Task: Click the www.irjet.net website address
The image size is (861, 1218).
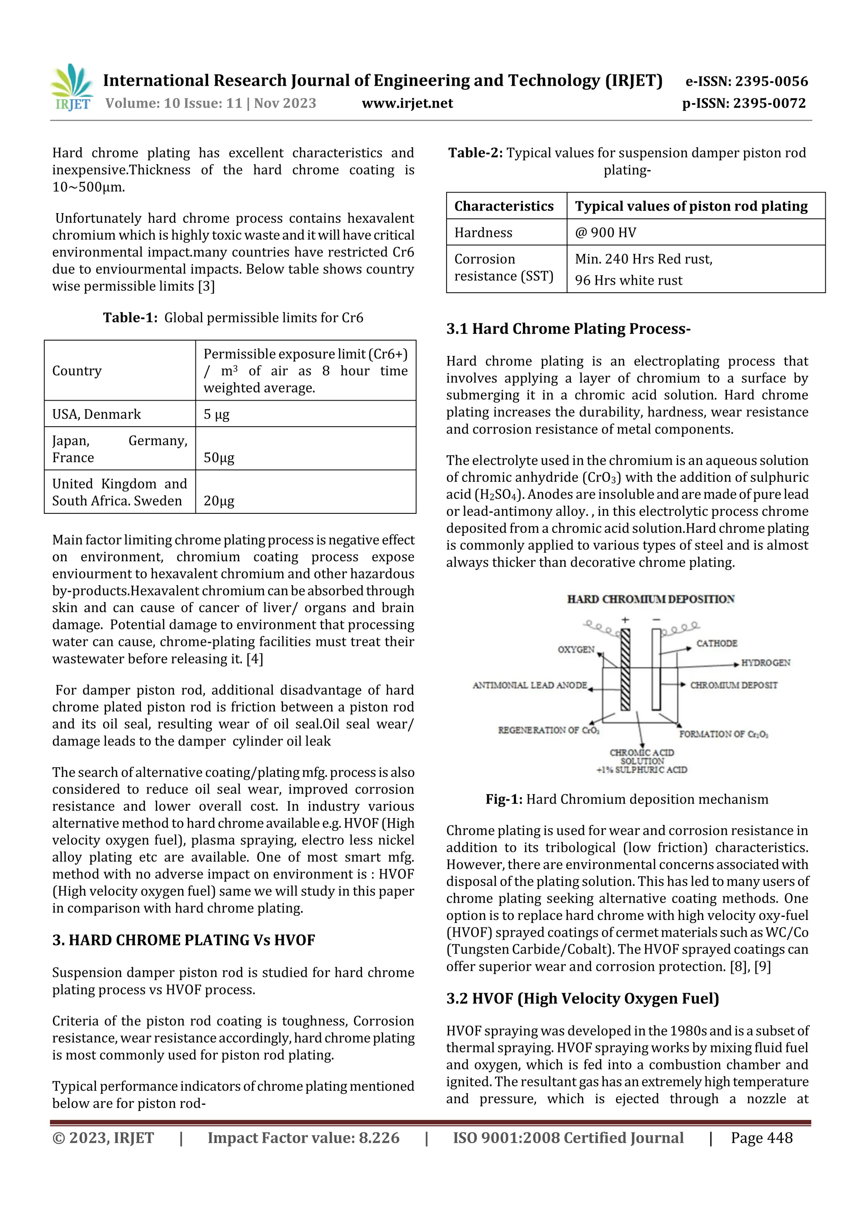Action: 407,103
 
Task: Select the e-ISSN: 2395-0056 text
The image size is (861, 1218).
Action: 746,81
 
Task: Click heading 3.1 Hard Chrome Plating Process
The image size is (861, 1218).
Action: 568,329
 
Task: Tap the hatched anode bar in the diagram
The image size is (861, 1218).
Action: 626,669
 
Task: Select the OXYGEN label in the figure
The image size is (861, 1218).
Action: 576,649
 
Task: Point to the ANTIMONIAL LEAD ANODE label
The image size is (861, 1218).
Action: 529,685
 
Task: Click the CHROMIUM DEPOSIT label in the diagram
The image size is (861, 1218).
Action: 733,685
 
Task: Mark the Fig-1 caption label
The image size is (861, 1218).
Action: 504,799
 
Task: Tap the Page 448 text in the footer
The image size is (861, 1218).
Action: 761,1137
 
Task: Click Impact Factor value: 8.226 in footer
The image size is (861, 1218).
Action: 303,1137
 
